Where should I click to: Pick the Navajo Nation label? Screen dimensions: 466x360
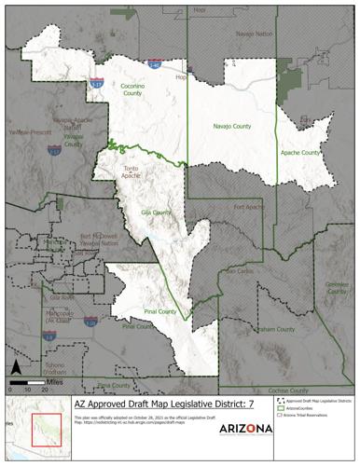point(256,34)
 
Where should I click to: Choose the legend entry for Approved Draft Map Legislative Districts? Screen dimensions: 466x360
point(317,399)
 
